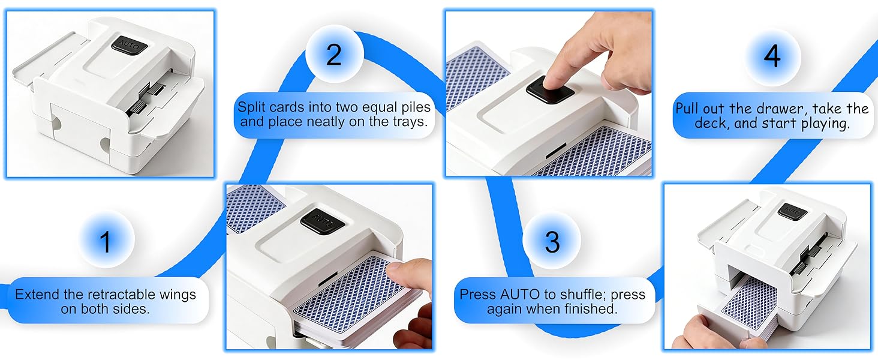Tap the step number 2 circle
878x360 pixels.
[x=334, y=54]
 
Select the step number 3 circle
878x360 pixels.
[x=552, y=241]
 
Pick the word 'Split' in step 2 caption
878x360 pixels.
[x=251, y=107]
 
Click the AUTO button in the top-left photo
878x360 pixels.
[x=130, y=44]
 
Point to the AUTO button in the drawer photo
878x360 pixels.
[x=792, y=211]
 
